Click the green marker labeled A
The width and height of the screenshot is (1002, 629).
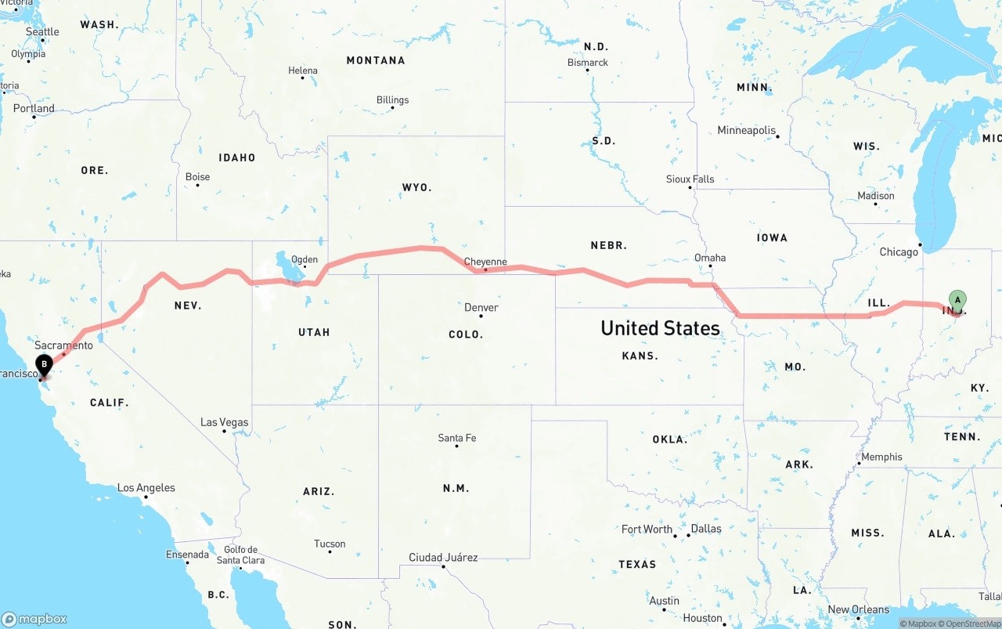click(x=957, y=300)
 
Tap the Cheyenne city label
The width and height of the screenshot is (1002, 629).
click(x=485, y=262)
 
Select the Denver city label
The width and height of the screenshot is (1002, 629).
click(x=481, y=307)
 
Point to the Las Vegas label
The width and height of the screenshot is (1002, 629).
click(x=224, y=422)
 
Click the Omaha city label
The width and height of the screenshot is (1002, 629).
click(x=710, y=258)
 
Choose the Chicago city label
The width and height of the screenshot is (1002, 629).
click(x=899, y=252)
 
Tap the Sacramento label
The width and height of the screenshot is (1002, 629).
click(x=63, y=345)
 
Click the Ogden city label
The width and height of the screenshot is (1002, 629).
click(x=305, y=259)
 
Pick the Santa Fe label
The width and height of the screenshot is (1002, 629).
click(x=457, y=438)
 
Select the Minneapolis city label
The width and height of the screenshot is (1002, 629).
click(x=747, y=130)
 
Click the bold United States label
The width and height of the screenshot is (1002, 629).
click(x=660, y=328)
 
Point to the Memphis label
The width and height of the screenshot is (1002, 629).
click(x=881, y=457)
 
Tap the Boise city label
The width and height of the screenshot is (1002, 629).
click(x=197, y=177)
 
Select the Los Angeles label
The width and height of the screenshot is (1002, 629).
click(x=146, y=488)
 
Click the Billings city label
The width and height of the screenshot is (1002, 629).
click(x=392, y=99)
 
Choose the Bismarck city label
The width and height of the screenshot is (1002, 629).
click(x=587, y=62)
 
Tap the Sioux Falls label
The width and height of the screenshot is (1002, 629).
click(x=690, y=179)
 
